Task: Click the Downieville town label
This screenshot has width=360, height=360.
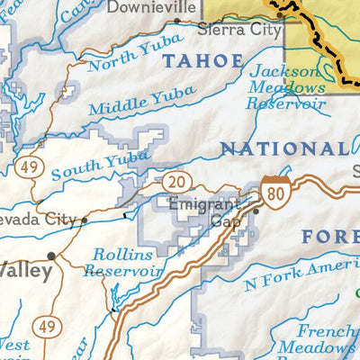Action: (x=151, y=8)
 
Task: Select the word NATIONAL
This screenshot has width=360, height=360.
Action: (x=283, y=148)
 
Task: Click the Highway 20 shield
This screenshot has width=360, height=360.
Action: (x=175, y=183)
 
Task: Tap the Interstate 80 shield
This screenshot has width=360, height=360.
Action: (x=275, y=191)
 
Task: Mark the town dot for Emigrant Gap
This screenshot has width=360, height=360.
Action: (x=256, y=211)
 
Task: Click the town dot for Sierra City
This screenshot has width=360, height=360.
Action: (x=280, y=14)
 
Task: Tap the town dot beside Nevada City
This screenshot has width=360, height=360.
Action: (x=85, y=220)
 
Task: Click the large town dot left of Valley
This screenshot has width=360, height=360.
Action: (x=51, y=256)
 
